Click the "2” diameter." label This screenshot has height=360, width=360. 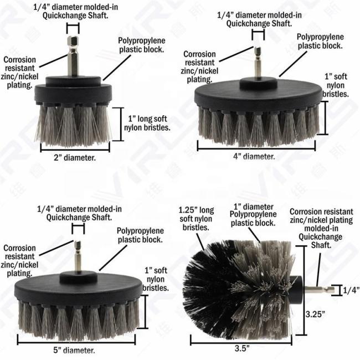point(75,158)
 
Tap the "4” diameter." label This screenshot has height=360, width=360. point(254,156)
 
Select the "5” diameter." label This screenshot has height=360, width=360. point(74,350)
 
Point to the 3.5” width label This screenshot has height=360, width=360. point(242,348)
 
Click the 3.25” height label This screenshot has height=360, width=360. point(315,314)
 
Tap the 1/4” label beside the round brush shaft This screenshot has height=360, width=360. point(351,290)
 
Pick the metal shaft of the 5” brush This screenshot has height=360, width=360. point(78,256)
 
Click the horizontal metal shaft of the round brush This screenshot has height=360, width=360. point(319,290)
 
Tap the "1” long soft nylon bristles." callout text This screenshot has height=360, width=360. point(147,123)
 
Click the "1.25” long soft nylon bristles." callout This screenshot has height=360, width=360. point(196,219)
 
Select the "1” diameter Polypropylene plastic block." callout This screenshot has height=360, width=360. point(253,215)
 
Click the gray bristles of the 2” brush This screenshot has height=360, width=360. point(73,125)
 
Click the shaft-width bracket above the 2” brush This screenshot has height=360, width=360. point(73,28)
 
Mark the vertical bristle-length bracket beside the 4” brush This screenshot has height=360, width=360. point(325,118)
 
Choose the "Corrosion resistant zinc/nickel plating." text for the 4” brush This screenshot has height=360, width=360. point(199,66)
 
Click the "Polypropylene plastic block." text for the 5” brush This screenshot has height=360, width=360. point(140,235)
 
